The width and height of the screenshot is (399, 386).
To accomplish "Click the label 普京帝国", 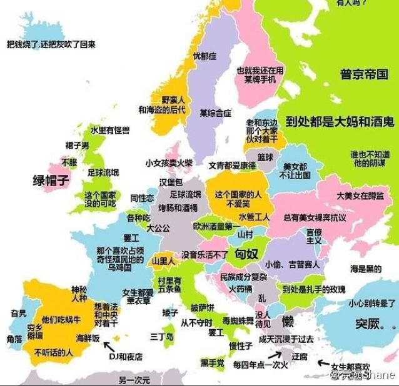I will (365, 75).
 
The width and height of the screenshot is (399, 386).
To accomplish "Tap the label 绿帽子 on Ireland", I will (50, 181).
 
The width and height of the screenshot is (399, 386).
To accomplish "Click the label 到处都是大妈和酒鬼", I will (339, 121).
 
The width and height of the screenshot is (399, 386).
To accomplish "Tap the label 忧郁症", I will (205, 56).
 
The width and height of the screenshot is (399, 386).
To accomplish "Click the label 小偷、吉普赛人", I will (291, 265).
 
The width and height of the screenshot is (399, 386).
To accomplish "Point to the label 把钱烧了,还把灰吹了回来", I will (51, 44).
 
